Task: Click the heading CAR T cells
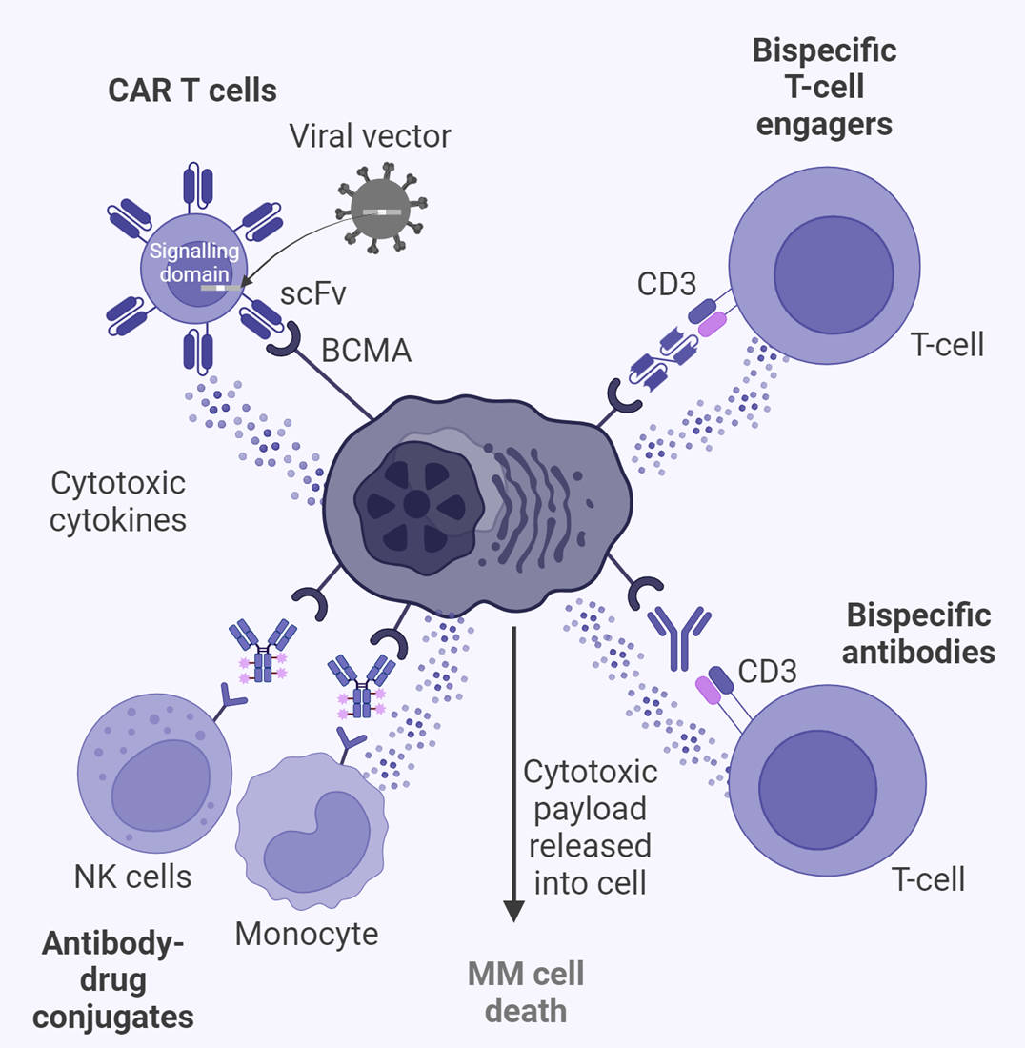point(191,91)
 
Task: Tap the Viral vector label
point(370,136)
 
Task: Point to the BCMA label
point(366,350)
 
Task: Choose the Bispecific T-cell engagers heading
point(824,87)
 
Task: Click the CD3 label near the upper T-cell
point(668,285)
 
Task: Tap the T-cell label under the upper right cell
point(947,345)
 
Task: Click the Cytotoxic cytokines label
point(118,501)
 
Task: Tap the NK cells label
point(132,876)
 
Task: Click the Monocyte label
point(306,934)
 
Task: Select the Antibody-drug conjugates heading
point(113,982)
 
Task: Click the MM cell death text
point(525,992)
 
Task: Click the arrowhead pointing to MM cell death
point(514,911)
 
